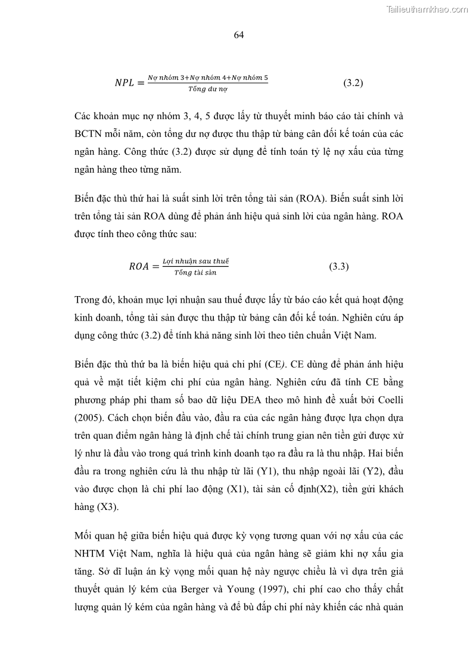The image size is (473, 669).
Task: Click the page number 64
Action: coord(239,35)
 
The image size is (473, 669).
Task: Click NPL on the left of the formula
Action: coord(126,83)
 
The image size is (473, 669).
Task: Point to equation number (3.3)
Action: coord(338,266)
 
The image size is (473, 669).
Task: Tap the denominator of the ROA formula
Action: coord(191,273)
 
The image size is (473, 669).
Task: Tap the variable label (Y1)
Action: coord(266,472)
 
